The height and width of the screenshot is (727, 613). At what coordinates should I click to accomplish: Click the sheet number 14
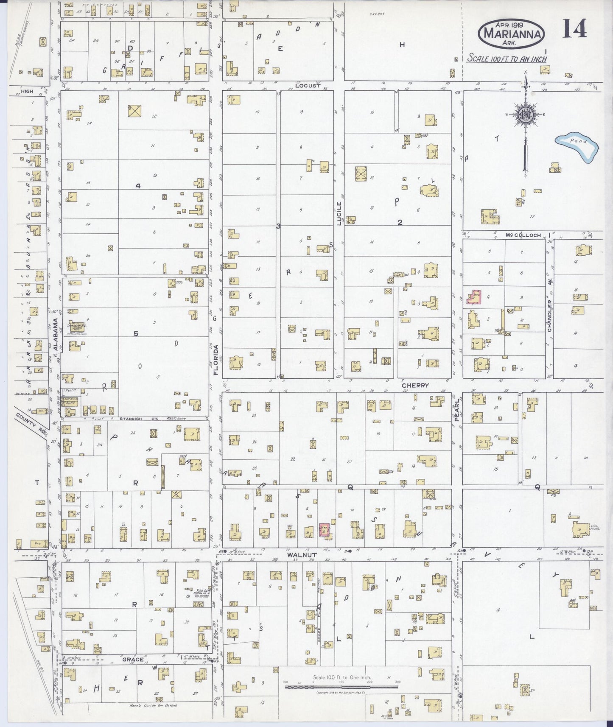(x=575, y=29)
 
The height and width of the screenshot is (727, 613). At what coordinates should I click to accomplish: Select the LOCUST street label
(x=308, y=86)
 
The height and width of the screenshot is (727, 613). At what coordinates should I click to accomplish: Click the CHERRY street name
(x=415, y=386)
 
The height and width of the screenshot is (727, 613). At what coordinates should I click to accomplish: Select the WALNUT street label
(x=300, y=554)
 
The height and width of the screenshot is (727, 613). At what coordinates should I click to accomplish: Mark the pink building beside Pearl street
(x=474, y=297)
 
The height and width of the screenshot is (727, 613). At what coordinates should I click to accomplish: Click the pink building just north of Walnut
(x=325, y=531)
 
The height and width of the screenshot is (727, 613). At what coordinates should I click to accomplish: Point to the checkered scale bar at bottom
(x=341, y=686)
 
